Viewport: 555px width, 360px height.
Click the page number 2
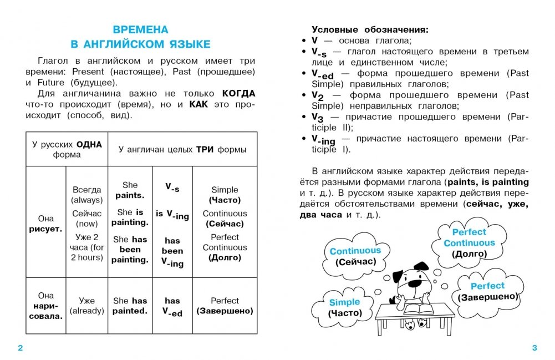(x=21, y=348)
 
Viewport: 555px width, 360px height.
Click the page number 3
(x=534, y=348)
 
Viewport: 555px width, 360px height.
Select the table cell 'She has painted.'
(x=130, y=306)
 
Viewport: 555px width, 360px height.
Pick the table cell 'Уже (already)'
(x=87, y=306)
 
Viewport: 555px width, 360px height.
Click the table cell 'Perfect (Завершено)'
(x=225, y=306)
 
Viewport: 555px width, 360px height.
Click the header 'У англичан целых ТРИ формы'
(x=182, y=150)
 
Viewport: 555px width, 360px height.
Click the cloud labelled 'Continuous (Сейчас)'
(x=355, y=256)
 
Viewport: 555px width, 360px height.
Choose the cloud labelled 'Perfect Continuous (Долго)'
(x=469, y=242)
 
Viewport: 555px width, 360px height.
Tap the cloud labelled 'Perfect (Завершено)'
(x=488, y=291)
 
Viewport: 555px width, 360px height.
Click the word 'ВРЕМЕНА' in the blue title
(x=141, y=30)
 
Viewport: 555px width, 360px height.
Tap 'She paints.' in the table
(x=130, y=190)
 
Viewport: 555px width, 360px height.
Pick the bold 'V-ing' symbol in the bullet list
(x=323, y=140)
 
